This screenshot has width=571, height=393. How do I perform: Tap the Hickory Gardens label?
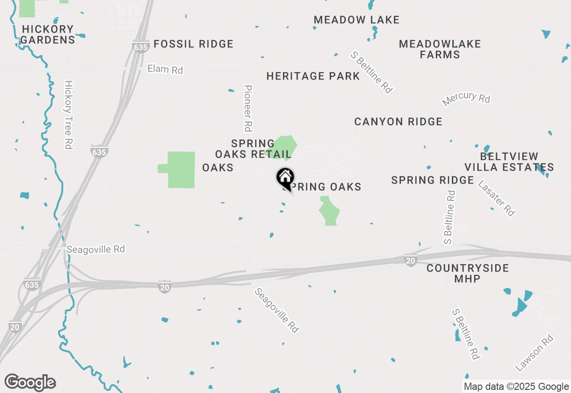(x=48, y=34)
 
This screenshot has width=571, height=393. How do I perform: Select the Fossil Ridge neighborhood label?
(x=194, y=44)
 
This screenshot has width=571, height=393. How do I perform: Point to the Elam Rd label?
(x=165, y=69)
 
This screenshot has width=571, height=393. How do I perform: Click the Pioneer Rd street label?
(x=248, y=109)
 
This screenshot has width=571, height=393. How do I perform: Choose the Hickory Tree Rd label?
(x=68, y=115)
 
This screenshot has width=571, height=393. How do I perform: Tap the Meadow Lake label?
(x=356, y=20)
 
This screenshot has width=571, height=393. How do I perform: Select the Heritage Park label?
(x=313, y=76)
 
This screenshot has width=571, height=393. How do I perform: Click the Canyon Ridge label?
(x=398, y=121)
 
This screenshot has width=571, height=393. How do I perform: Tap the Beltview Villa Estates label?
(x=509, y=162)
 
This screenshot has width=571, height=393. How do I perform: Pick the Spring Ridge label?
(x=432, y=180)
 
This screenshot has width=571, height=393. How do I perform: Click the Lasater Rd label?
(x=496, y=198)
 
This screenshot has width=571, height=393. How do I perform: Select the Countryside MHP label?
(x=468, y=273)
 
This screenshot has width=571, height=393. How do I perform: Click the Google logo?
(x=30, y=383)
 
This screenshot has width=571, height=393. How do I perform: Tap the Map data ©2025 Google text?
(x=516, y=387)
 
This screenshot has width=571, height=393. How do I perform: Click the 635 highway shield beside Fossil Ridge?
(x=141, y=46)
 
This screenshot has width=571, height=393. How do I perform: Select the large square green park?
(x=181, y=170)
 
